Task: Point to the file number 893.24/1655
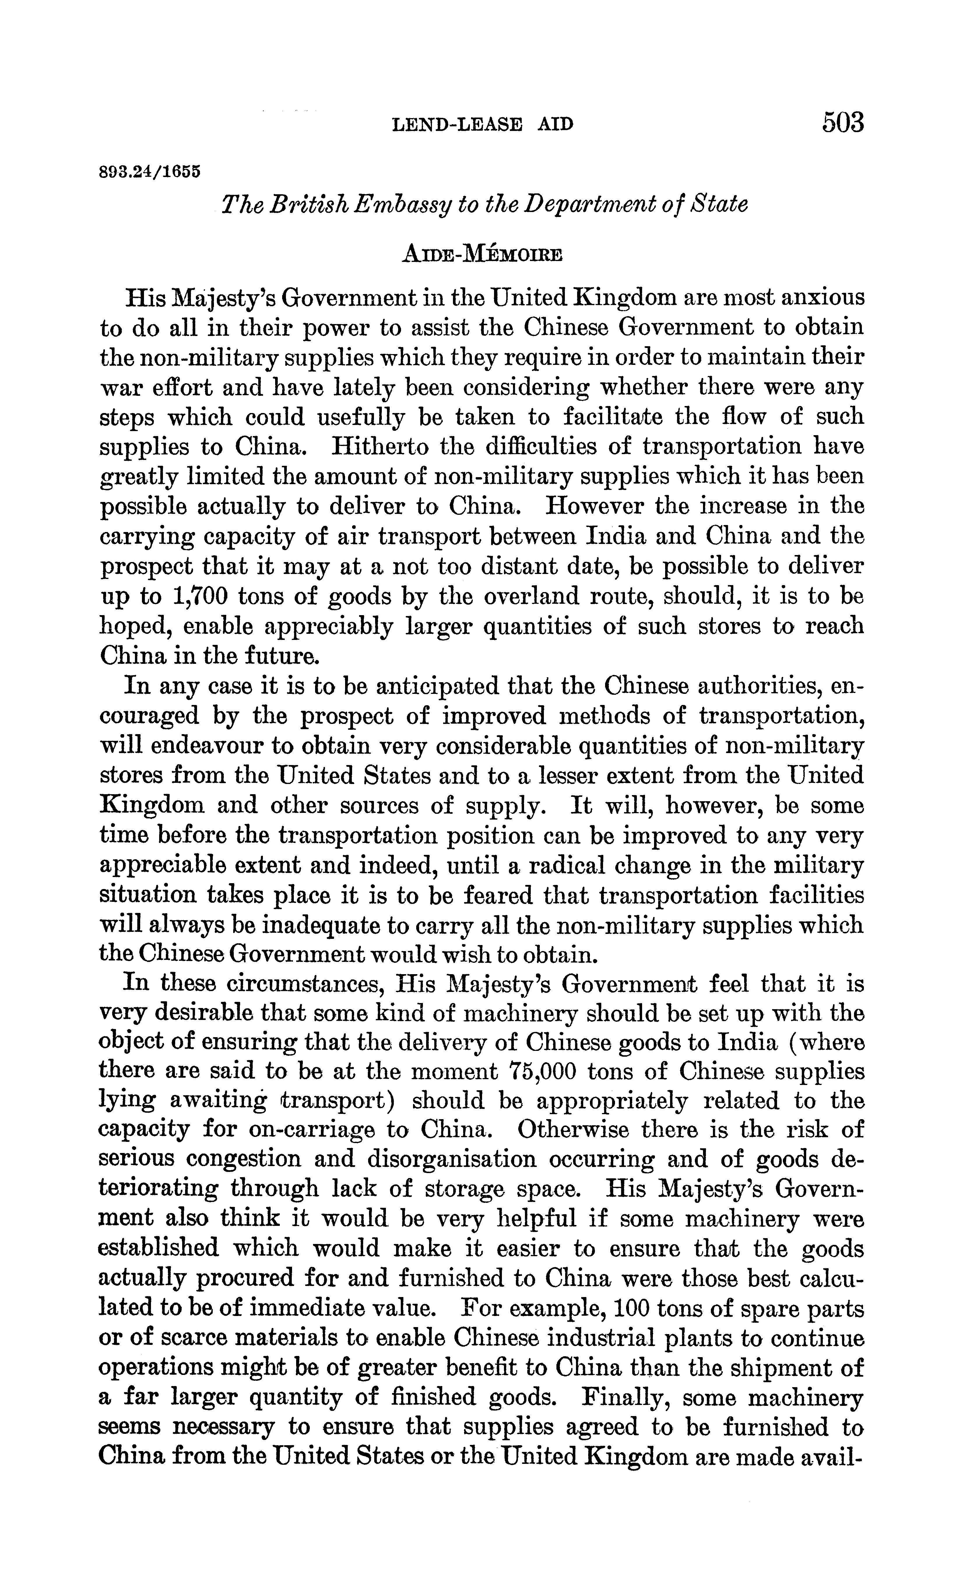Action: [150, 172]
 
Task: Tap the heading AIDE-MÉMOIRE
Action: [482, 254]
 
